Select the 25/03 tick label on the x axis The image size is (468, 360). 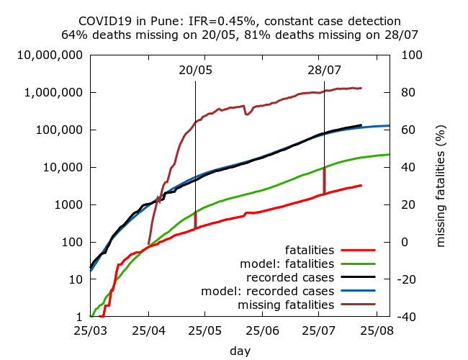tap(90, 331)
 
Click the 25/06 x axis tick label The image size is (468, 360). tap(263, 331)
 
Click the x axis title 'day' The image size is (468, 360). tap(240, 351)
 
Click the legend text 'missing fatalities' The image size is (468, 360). tap(290, 305)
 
